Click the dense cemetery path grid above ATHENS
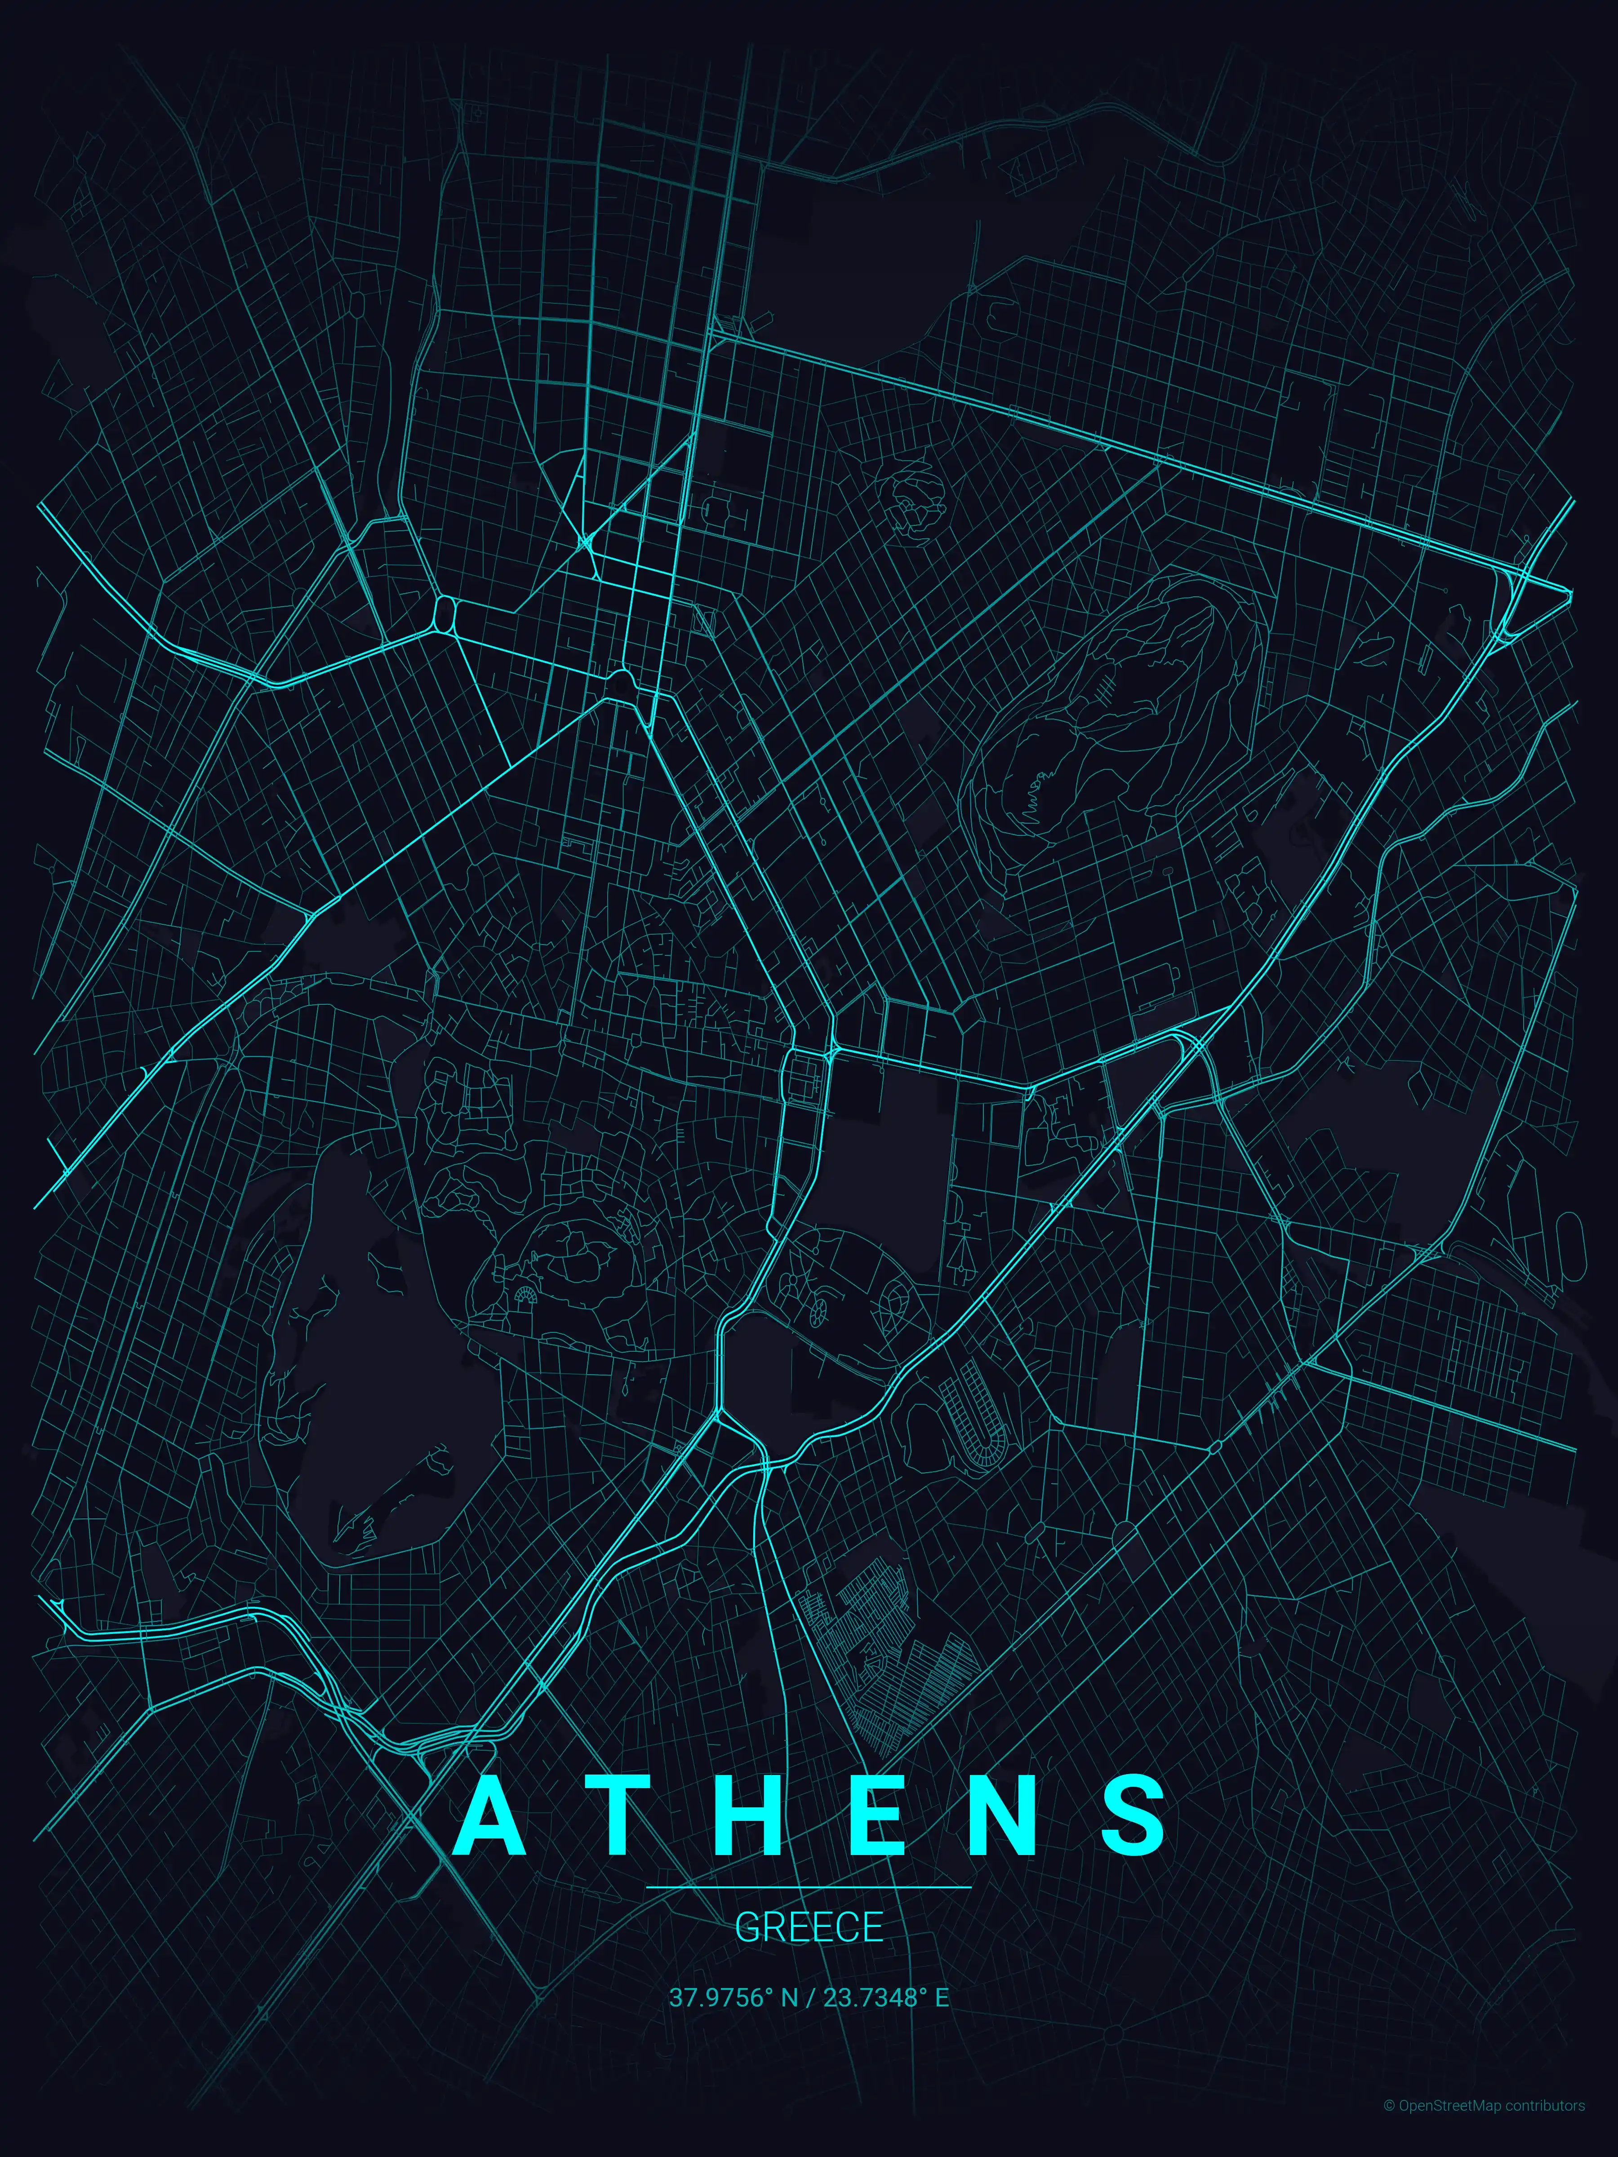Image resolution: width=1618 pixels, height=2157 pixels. (x=878, y=1658)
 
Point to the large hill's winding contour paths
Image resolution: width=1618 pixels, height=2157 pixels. (x=1121, y=702)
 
